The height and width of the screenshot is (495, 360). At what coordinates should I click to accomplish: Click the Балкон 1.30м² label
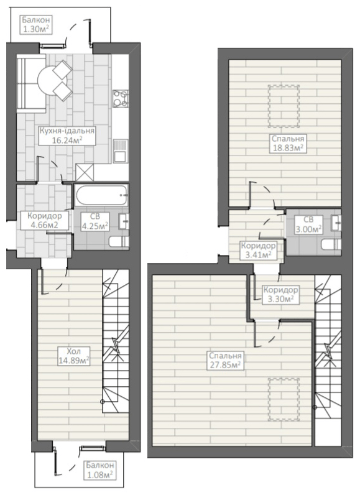pyautogui.click(x=35, y=25)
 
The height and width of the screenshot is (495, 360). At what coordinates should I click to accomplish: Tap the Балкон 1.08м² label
pyautogui.click(x=99, y=470)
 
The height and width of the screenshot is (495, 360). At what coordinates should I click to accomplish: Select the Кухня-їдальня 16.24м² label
pyautogui.click(x=67, y=136)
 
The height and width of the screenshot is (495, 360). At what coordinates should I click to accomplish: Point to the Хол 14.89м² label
pyautogui.click(x=74, y=356)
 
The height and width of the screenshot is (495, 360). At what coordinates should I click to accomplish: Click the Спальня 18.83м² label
pyautogui.click(x=287, y=144)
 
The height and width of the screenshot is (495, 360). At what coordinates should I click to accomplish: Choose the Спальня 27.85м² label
pyautogui.click(x=225, y=361)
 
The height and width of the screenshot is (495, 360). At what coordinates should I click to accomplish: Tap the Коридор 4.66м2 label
pyautogui.click(x=45, y=220)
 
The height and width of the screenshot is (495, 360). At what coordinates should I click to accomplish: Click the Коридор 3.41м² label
pyautogui.click(x=258, y=251)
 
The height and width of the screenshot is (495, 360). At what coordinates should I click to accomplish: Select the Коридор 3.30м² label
pyautogui.click(x=280, y=294)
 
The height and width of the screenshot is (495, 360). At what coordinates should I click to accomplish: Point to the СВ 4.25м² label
pyautogui.click(x=95, y=221)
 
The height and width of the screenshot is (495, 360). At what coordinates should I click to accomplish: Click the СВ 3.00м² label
pyautogui.click(x=308, y=224)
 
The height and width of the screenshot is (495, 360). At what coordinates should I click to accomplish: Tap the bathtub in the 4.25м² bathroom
pyautogui.click(x=101, y=195)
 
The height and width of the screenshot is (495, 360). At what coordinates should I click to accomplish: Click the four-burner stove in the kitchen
pyautogui.click(x=121, y=98)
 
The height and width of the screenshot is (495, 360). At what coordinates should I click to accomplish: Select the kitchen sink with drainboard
pyautogui.click(x=121, y=151)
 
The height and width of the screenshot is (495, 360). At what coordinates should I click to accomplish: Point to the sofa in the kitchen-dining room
pyautogui.click(x=31, y=83)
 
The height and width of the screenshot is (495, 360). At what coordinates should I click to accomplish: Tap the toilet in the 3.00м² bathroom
pyautogui.click(x=331, y=244)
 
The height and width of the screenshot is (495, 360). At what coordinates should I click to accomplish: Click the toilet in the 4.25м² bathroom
pyautogui.click(x=118, y=242)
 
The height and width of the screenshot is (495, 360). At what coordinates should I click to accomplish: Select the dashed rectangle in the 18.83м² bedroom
pyautogui.click(x=284, y=106)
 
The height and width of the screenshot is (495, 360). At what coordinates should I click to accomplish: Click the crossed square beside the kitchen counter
pyautogui.click(x=85, y=172)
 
